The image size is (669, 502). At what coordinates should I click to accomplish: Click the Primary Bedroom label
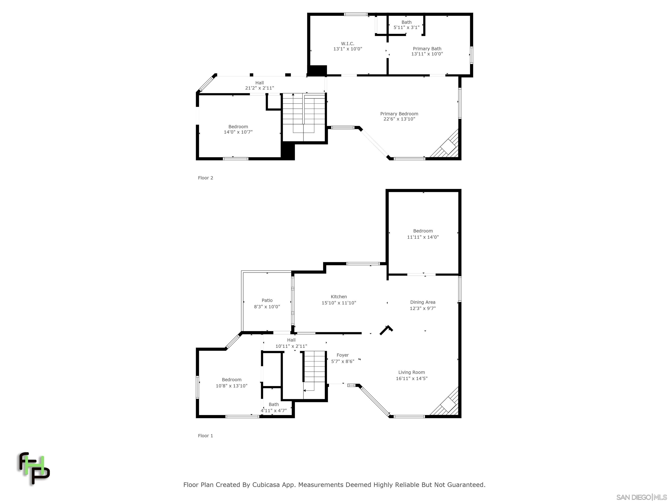coord(399,114)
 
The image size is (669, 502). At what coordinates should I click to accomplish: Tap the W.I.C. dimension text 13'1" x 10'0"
coord(348,49)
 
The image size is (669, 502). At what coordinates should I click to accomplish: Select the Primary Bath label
coord(427,49)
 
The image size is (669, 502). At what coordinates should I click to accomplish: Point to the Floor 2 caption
coord(205,178)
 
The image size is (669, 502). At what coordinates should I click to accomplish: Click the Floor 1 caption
coord(205,436)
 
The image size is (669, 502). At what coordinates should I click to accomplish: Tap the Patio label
coord(267,300)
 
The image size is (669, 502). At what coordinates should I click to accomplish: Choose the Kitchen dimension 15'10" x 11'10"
coord(339,303)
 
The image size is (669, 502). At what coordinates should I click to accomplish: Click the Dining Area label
coord(422,302)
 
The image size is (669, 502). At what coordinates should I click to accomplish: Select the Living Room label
coord(411,373)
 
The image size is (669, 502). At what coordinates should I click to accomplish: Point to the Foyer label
coord(342,355)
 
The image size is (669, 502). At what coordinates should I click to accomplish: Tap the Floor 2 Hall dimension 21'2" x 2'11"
coord(259,88)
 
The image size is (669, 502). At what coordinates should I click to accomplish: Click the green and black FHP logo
coord(34,468)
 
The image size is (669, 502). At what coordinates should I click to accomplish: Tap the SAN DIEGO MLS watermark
coord(641,497)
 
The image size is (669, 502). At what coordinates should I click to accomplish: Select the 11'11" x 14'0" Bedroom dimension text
coord(422,237)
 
